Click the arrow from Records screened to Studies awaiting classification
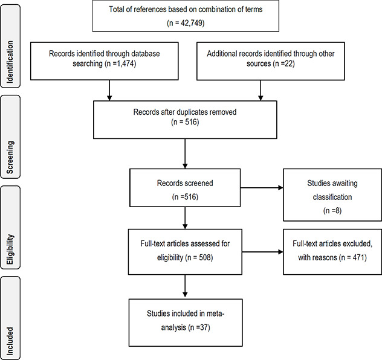[261, 187]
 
